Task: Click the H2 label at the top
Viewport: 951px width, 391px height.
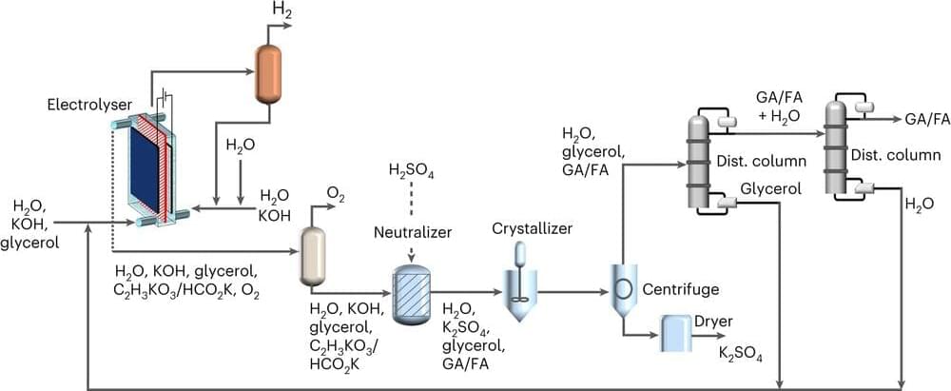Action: pos(282,10)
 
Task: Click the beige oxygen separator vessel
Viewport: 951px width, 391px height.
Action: pos(312,256)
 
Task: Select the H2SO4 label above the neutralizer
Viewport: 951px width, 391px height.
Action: pos(410,172)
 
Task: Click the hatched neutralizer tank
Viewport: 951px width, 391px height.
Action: pos(411,286)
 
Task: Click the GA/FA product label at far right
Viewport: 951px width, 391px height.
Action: pos(927,119)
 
